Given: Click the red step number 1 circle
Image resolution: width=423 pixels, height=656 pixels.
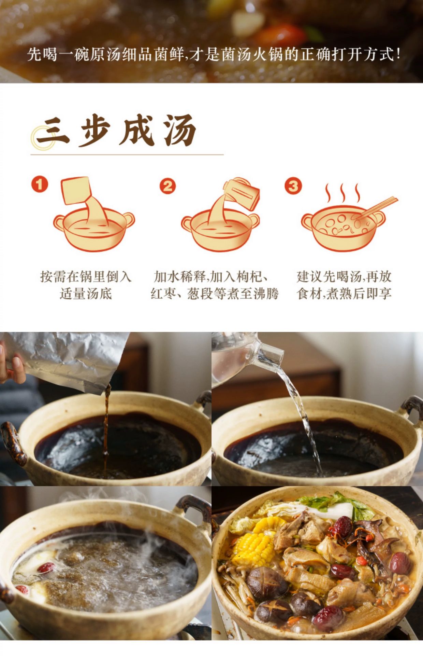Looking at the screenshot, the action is pyautogui.click(x=40, y=184).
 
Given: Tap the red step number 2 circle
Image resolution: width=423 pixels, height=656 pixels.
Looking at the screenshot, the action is pyautogui.click(x=168, y=186).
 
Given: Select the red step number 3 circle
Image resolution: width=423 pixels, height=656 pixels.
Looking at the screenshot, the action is pyautogui.click(x=293, y=186).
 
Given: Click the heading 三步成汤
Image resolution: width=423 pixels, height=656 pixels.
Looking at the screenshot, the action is pyautogui.click(x=116, y=131).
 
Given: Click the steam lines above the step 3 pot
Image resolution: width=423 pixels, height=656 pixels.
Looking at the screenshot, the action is pyautogui.click(x=342, y=193).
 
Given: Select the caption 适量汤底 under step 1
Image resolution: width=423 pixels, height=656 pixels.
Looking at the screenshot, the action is pyautogui.click(x=86, y=294).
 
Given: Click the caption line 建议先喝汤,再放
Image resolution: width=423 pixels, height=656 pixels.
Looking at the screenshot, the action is pyautogui.click(x=344, y=276).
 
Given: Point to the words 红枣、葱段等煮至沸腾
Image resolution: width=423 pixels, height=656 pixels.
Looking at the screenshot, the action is pyautogui.click(x=215, y=294).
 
